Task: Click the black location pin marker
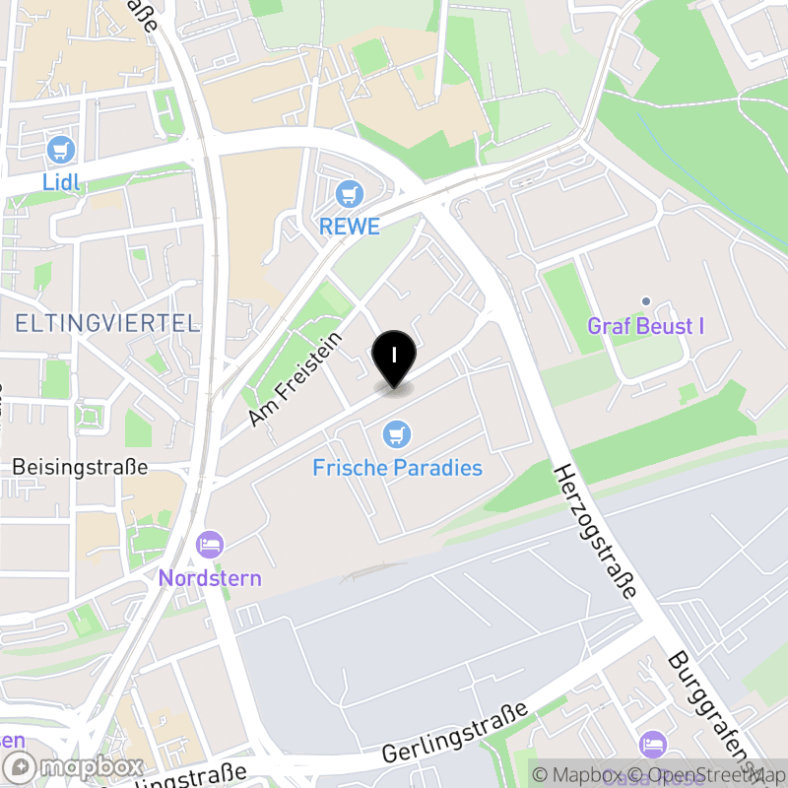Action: (x=394, y=358)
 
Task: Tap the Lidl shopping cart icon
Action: (x=61, y=151)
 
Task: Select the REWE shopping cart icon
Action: (x=348, y=193)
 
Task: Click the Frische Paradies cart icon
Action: (x=397, y=432)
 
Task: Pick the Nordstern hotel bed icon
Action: (x=210, y=544)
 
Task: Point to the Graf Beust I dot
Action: (x=646, y=300)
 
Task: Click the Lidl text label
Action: (x=60, y=182)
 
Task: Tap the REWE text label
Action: (x=349, y=226)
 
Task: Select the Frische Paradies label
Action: (x=397, y=467)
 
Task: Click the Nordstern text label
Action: (x=210, y=577)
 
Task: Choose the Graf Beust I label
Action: (x=645, y=326)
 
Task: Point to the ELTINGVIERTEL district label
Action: (x=106, y=323)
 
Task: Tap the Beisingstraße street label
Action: (x=80, y=466)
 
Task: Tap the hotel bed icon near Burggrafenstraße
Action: (x=652, y=743)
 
